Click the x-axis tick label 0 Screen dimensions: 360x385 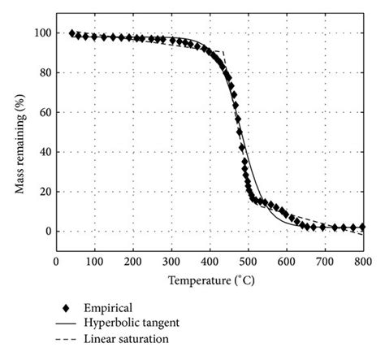pyautogui.click(x=56, y=261)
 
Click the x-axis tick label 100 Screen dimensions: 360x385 pyautogui.click(x=94, y=261)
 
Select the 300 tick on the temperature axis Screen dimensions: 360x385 pyautogui.click(x=171, y=261)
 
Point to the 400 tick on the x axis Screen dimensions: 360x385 pyautogui.click(x=209, y=261)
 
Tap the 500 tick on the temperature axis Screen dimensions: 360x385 pyautogui.click(x=248, y=261)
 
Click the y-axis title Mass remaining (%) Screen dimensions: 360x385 pyautogui.click(x=19, y=133)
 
